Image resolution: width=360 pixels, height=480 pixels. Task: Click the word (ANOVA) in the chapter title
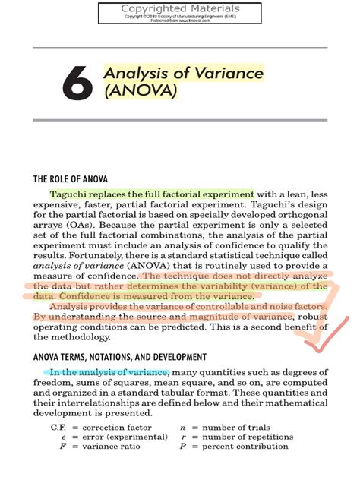tap(140, 92)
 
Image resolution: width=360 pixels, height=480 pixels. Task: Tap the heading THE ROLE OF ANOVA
tap(72, 179)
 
